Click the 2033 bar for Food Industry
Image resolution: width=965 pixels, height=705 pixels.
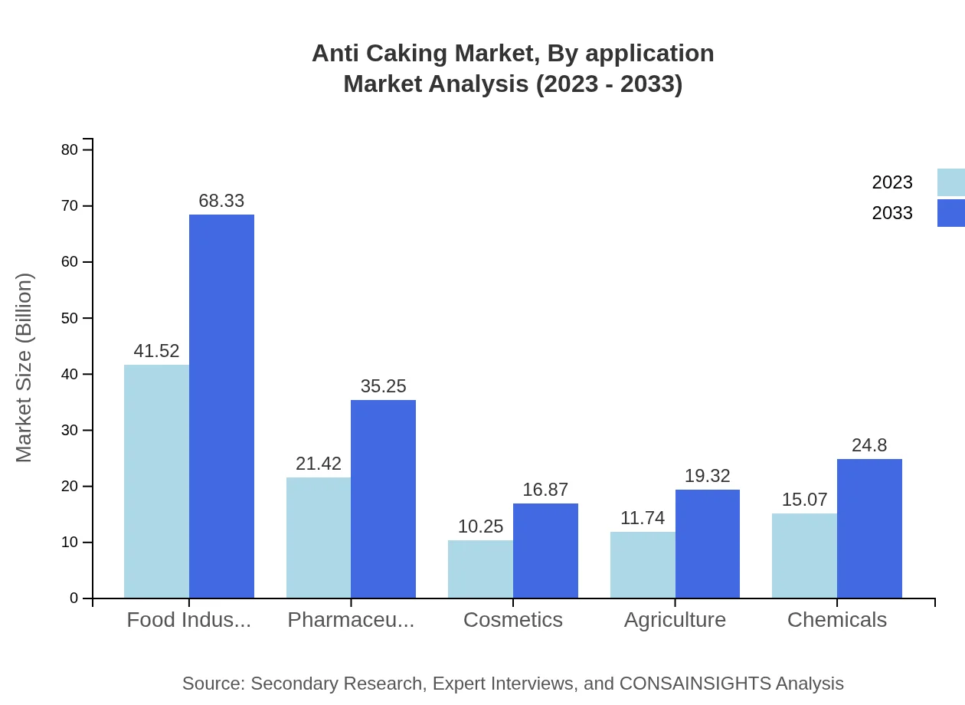(221, 406)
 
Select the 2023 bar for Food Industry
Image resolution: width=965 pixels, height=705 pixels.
(156, 481)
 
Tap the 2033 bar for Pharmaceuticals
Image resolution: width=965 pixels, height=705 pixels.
(383, 499)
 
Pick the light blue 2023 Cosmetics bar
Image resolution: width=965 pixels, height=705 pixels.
(480, 569)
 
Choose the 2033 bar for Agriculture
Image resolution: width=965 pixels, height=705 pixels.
(708, 543)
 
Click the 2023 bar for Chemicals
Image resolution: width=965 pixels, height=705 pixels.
(804, 556)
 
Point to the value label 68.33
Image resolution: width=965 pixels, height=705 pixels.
(221, 201)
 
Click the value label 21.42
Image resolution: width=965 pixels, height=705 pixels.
(319, 464)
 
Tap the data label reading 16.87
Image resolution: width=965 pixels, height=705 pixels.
(545, 490)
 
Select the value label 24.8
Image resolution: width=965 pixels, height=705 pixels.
(869, 445)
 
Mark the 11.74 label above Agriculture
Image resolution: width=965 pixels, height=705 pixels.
(643, 518)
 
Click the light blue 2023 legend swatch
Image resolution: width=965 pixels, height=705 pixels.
(950, 182)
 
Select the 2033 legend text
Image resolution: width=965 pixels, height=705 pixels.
(892, 213)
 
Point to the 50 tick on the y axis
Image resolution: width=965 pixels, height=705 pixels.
(70, 318)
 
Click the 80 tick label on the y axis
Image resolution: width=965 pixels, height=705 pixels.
(70, 150)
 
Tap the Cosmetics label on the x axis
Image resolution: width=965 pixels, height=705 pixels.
(513, 620)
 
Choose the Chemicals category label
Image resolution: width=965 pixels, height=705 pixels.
(837, 620)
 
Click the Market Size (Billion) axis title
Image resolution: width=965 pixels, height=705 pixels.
(25, 368)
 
